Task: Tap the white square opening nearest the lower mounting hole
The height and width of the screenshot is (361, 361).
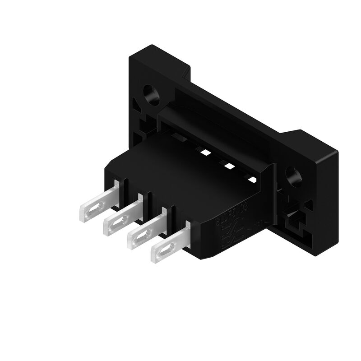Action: click(251, 180)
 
